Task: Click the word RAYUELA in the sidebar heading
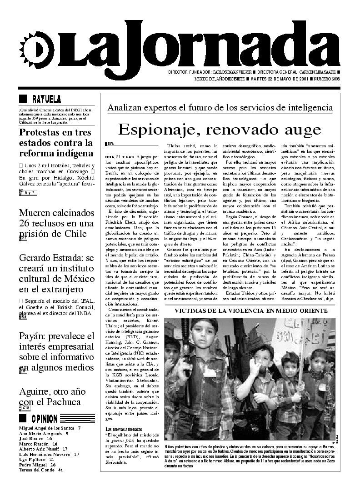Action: coord(46,99)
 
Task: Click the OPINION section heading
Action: coord(45,419)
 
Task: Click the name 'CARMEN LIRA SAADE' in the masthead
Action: coord(317,72)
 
